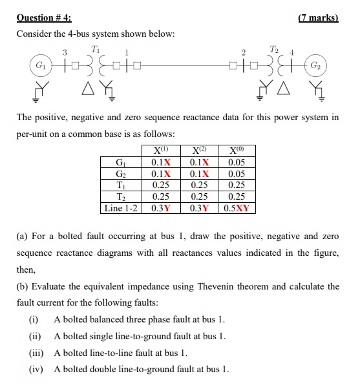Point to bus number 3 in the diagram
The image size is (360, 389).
pos(64,52)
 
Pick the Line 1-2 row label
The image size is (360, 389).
pos(122,208)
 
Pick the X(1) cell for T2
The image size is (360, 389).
pos(161,196)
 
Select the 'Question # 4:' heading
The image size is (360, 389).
pos(43,17)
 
